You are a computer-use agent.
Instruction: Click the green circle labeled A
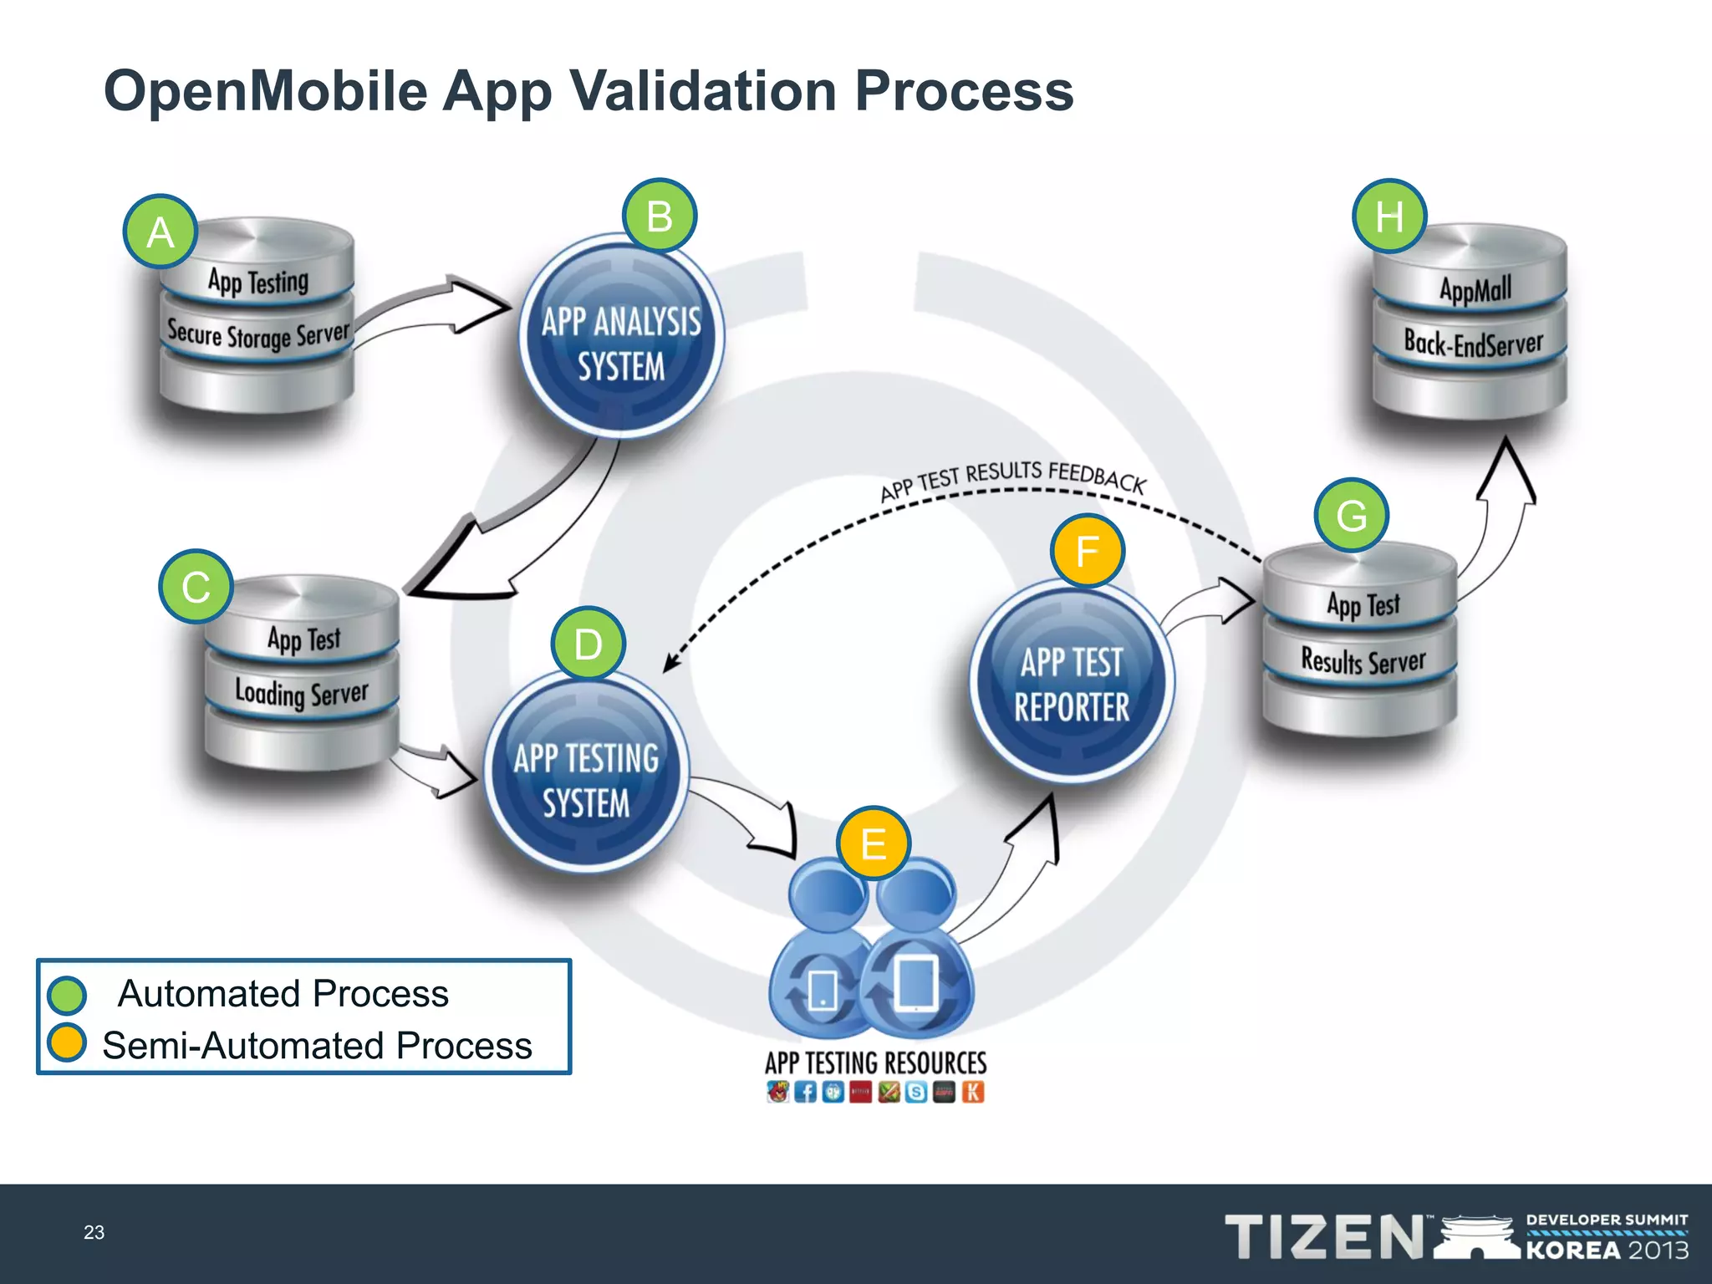(x=160, y=232)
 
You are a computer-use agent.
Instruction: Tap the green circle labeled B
(x=660, y=216)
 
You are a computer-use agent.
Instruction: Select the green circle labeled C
(x=196, y=586)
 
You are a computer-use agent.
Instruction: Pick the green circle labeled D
(x=588, y=644)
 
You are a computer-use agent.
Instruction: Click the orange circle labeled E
(x=874, y=843)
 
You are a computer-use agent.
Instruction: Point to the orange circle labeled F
(x=1087, y=551)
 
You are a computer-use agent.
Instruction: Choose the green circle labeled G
(x=1351, y=515)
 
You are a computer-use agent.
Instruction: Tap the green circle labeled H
(x=1388, y=217)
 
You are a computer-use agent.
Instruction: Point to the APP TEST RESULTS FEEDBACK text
(x=1012, y=479)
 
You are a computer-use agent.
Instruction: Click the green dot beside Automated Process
(x=67, y=995)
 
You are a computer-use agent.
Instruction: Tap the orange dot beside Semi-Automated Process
(x=67, y=1042)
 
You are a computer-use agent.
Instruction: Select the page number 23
(x=94, y=1232)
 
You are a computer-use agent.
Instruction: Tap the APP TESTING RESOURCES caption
(x=875, y=1062)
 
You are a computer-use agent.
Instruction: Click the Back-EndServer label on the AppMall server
(x=1473, y=343)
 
